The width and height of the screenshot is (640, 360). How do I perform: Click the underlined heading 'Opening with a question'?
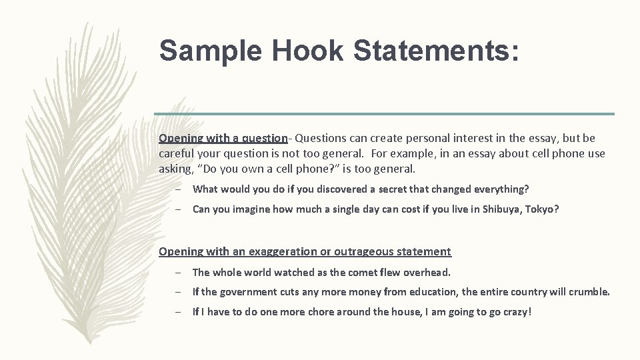point(223,138)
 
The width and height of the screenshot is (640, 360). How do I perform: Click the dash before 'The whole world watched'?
point(180,272)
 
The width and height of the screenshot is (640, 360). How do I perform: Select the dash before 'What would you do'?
point(180,189)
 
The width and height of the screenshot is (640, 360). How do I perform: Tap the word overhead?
point(426,272)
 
